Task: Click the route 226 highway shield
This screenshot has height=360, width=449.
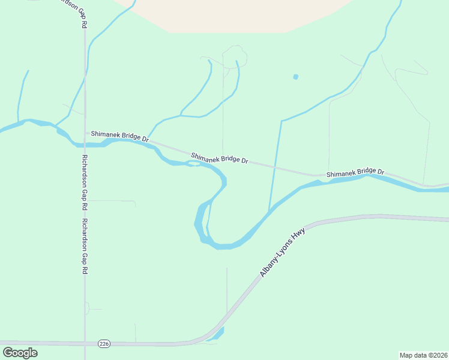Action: pos(104,343)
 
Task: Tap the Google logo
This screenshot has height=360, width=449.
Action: pos(20,353)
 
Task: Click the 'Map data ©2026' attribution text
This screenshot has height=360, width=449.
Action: pos(423,355)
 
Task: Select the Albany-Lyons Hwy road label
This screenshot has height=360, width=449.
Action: pos(282,252)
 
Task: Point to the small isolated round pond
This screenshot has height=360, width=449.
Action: pos(295,77)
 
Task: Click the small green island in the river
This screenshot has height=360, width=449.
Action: pos(193,163)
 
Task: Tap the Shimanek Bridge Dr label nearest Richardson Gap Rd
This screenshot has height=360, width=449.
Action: pos(119,137)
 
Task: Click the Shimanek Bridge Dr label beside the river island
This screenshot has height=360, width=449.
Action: pos(219,158)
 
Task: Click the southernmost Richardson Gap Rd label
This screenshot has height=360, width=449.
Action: pos(85,247)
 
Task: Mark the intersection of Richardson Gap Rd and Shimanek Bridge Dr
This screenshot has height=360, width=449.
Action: pos(85,133)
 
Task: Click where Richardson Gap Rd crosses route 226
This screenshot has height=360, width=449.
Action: pos(85,343)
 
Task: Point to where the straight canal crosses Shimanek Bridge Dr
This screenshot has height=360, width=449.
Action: pos(276,166)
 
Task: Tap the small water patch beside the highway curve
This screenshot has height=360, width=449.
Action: pos(216,334)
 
